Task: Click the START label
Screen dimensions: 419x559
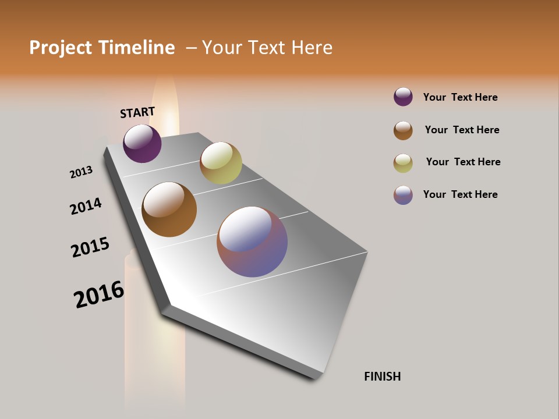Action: (x=137, y=112)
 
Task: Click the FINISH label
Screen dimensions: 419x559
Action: (x=382, y=377)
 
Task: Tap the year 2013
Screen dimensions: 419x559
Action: (x=81, y=172)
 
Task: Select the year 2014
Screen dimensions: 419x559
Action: (x=86, y=206)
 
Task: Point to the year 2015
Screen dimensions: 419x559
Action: (x=90, y=247)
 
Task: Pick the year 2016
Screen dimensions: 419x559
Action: (x=99, y=294)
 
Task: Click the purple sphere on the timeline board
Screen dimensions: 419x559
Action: (x=142, y=143)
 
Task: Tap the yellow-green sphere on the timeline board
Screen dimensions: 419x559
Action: (x=221, y=163)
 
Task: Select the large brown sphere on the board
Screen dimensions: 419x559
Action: (x=169, y=210)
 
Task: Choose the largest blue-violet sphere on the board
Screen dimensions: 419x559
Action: (x=252, y=242)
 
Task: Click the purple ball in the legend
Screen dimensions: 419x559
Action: (x=403, y=97)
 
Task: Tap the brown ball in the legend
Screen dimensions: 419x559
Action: (x=403, y=130)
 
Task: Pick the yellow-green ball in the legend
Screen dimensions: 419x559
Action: (x=403, y=163)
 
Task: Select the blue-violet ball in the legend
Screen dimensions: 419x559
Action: (x=403, y=195)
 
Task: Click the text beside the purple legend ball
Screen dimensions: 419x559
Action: (x=460, y=97)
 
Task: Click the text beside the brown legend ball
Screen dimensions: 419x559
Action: (x=462, y=130)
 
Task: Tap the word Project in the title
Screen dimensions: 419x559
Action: (x=61, y=48)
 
